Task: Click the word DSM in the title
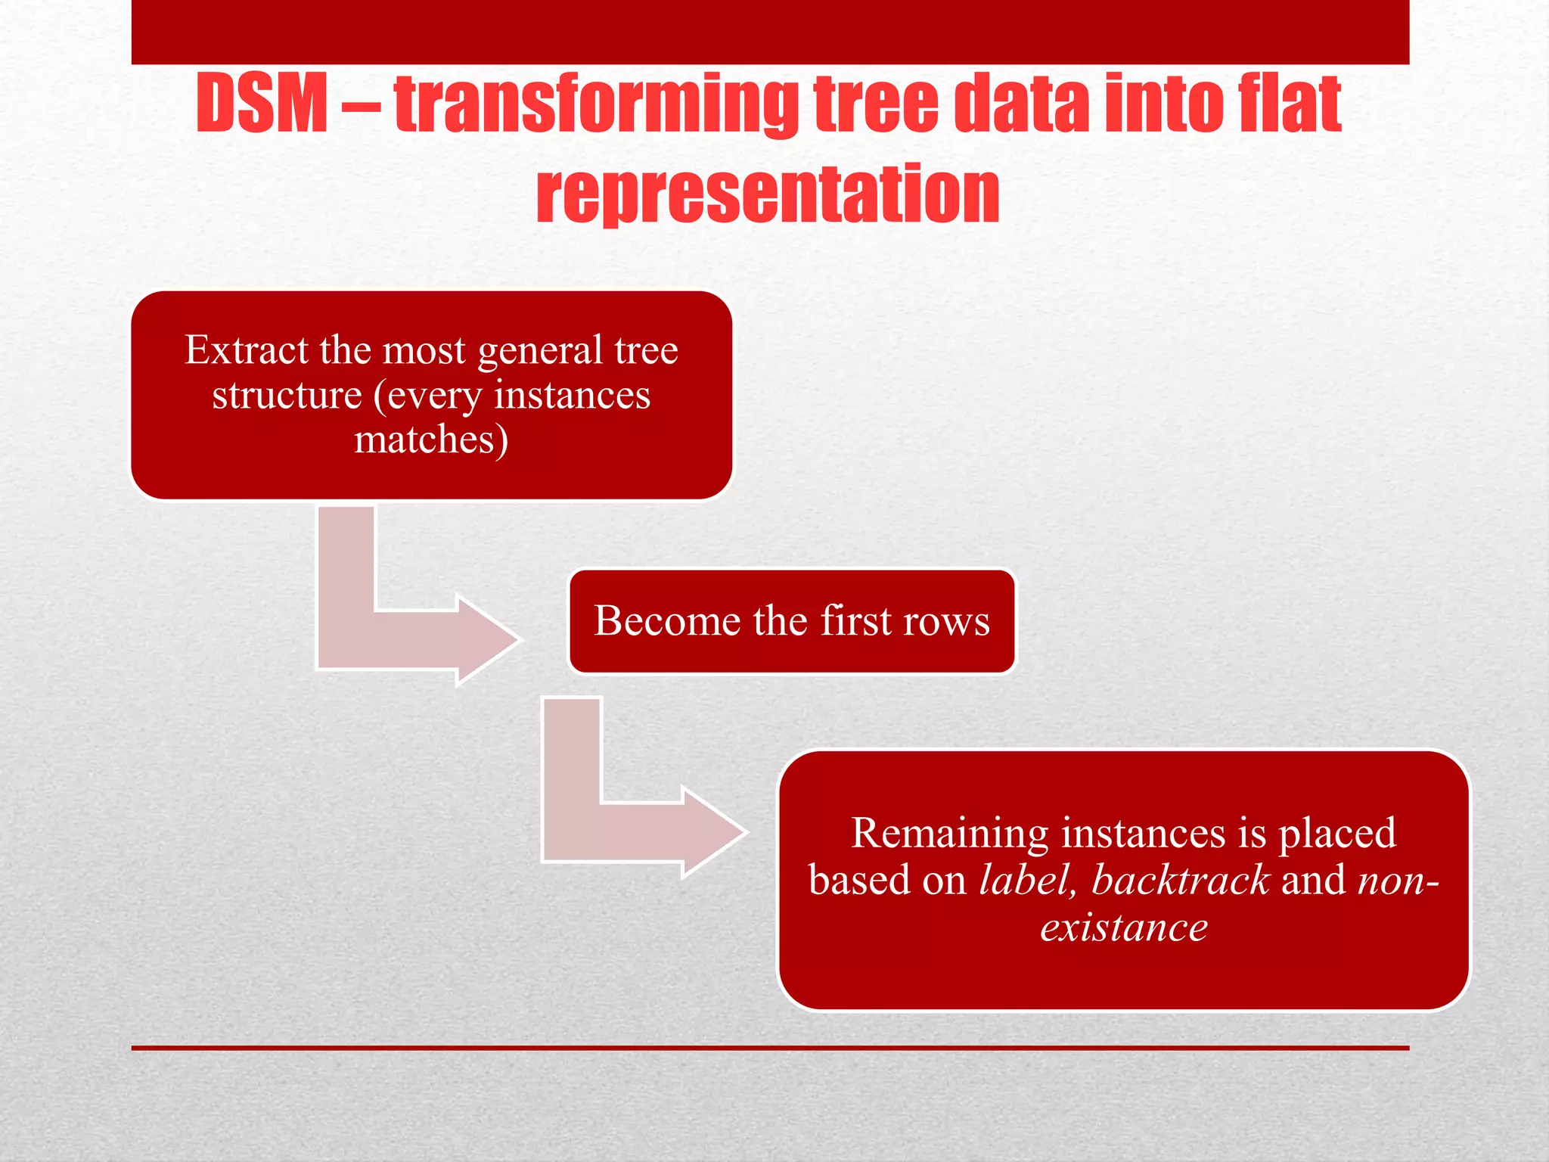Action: [x=261, y=104]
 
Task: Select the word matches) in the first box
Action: [x=431, y=440]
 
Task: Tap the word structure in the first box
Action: [x=287, y=395]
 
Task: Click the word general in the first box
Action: [x=540, y=350]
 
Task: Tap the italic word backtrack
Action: [x=1180, y=880]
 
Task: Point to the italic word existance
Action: [x=1124, y=927]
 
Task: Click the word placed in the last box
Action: [x=1336, y=833]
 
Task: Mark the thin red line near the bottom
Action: [x=770, y=1048]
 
